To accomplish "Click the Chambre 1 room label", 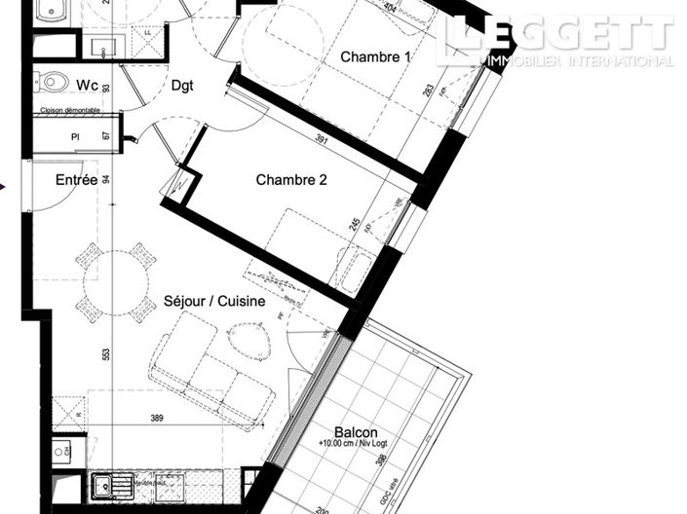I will [375, 57].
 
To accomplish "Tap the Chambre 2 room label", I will [291, 180].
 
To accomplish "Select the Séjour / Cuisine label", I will [214, 302].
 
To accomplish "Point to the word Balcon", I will [356, 433].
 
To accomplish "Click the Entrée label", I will [76, 180].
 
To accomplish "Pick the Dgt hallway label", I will [182, 86].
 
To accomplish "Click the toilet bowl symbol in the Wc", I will [54, 81].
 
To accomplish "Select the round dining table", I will [115, 282].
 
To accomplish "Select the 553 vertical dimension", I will [106, 355].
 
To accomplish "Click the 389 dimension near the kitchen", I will [157, 418].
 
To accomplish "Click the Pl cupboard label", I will [74, 136].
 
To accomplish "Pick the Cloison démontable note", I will [68, 111].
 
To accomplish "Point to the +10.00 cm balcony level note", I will [355, 446].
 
